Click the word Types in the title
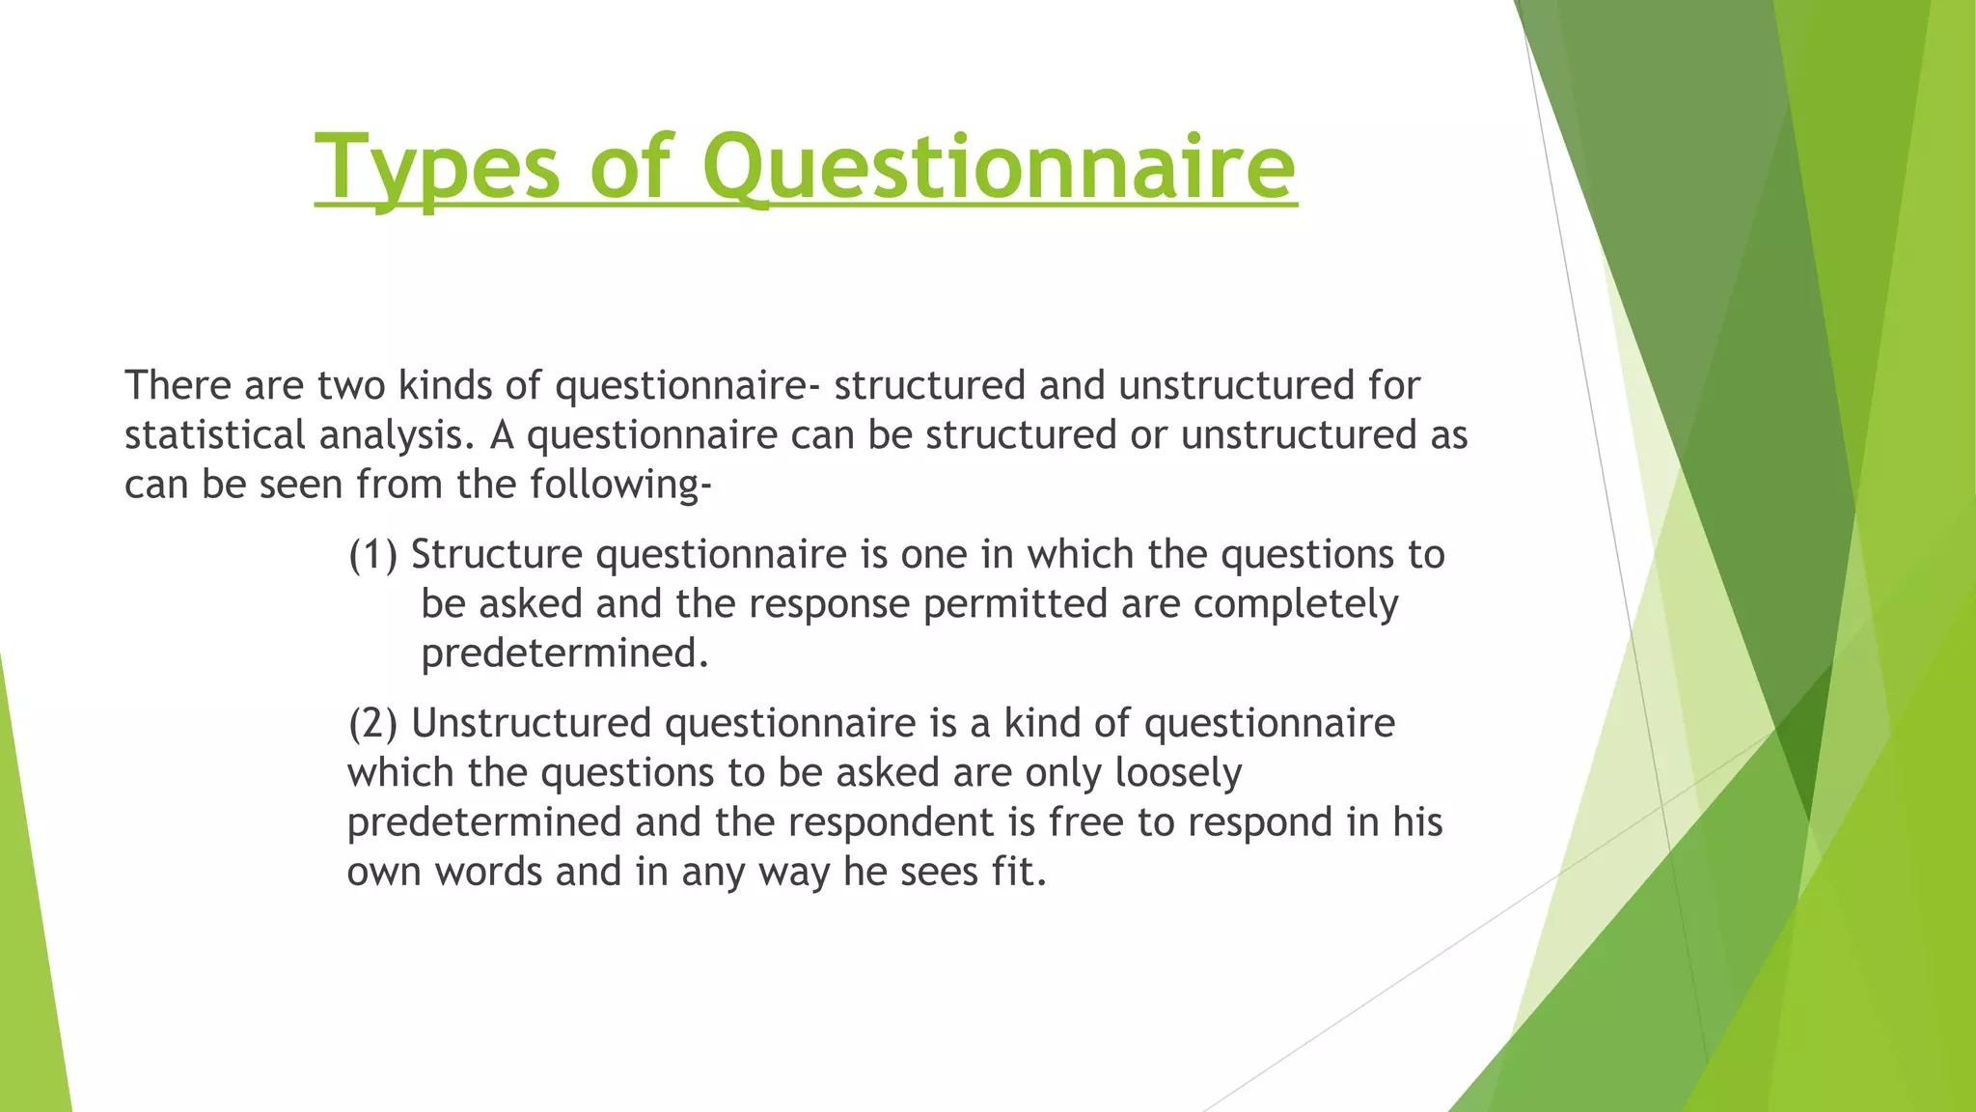coord(437,168)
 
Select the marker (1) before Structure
coord(372,555)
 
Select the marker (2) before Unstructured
coord(372,724)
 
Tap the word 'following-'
coord(620,485)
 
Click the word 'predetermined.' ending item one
coord(564,654)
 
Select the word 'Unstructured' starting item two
coord(532,724)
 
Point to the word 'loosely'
coord(1177,773)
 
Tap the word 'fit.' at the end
coord(1018,873)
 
